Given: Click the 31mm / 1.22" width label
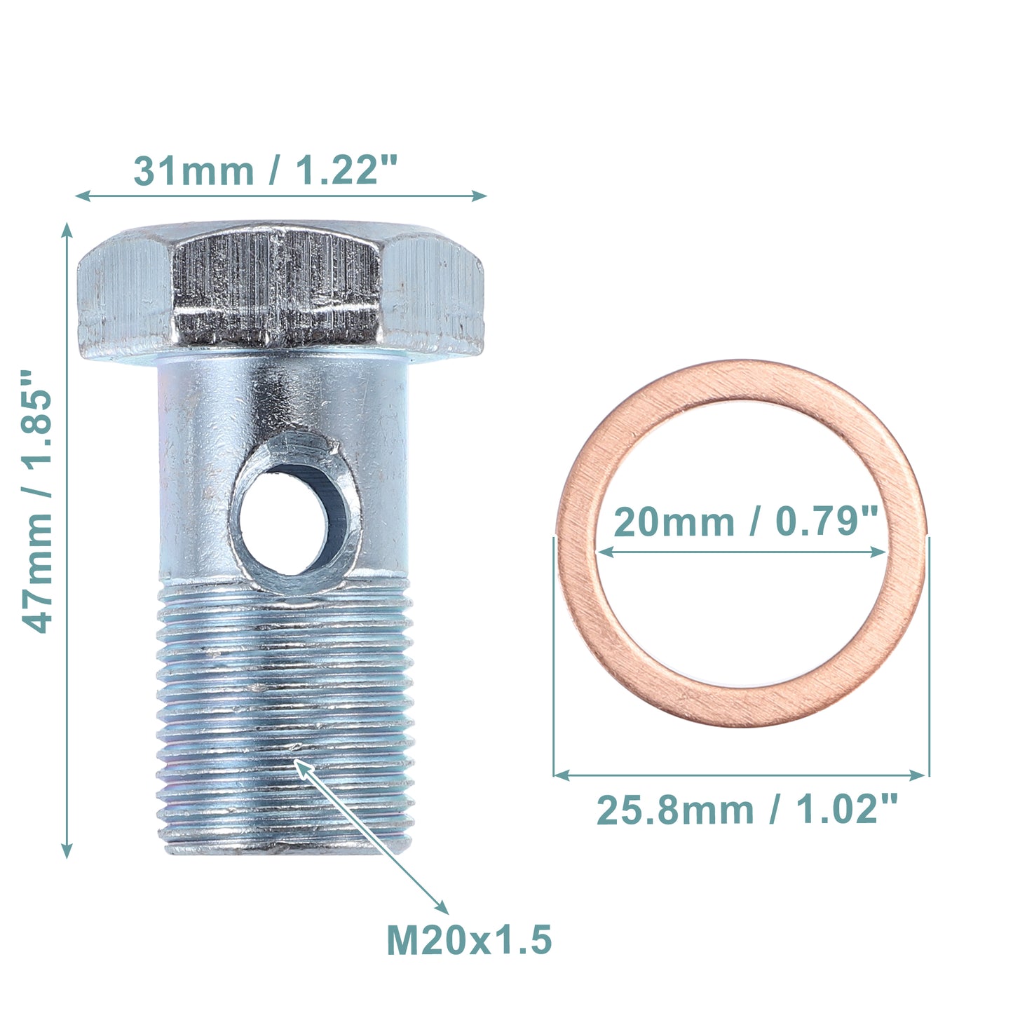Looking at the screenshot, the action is point(266,170).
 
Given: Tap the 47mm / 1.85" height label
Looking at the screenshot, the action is point(36,501).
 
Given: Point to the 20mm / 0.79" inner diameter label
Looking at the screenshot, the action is point(745,522).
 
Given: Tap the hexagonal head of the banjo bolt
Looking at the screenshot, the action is point(280,291).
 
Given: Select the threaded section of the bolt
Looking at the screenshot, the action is point(285,719).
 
